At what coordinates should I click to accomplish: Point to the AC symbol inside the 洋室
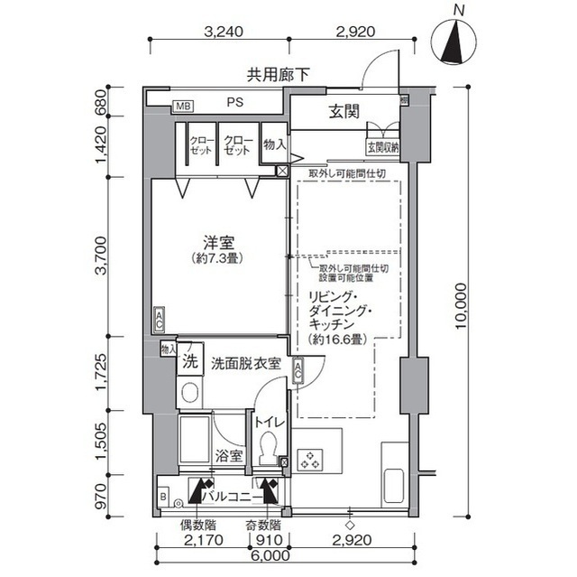[x=160, y=318]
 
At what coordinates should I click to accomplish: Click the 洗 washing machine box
[x=189, y=362]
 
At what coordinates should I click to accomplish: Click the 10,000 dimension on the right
[x=462, y=305]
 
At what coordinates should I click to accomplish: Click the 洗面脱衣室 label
[x=245, y=364]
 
